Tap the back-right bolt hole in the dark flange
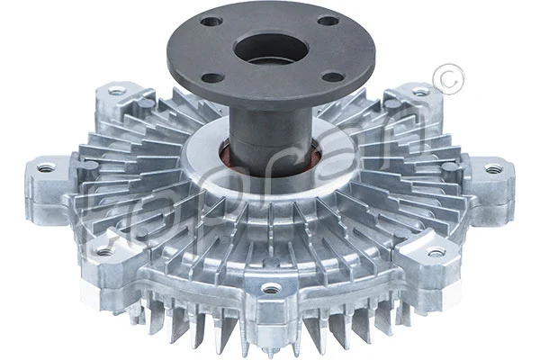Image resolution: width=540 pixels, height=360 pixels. (328, 21)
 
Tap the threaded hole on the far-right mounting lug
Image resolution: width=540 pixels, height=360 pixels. (492, 168)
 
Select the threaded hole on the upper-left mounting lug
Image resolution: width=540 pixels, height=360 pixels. (115, 90)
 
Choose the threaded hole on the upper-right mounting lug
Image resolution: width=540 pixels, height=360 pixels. (421, 90)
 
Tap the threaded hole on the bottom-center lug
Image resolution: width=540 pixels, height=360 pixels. (269, 289)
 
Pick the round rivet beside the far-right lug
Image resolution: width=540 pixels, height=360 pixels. (447, 166)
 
